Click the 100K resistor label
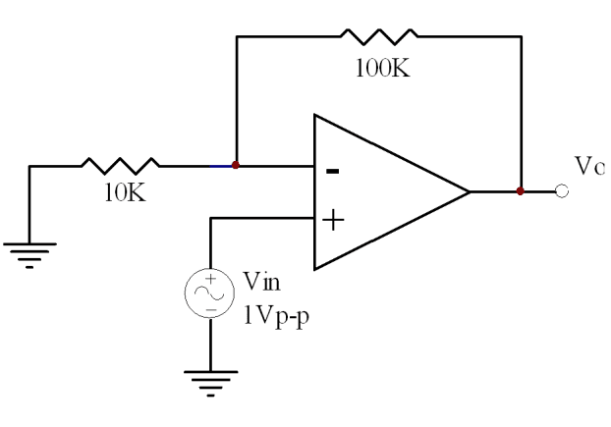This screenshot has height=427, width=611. [383, 68]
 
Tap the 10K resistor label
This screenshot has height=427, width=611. [125, 192]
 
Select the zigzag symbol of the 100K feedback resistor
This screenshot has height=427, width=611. [379, 36]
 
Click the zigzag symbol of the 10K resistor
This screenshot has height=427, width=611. [121, 166]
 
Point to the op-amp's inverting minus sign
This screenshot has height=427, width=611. [332, 171]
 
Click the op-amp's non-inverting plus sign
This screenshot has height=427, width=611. [333, 220]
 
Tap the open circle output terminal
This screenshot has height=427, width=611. [562, 191]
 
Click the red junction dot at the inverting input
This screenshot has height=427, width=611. [236, 165]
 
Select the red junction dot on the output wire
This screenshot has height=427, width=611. [521, 191]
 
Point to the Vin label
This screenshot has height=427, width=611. [261, 281]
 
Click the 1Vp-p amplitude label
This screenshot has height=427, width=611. [276, 316]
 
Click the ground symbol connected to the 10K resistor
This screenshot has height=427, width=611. [29, 256]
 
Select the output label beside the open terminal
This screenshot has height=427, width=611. [589, 166]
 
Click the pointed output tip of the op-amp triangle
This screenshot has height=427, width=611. [470, 191]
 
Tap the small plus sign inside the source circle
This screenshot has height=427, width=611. [211, 279]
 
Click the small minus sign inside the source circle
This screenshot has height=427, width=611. [211, 310]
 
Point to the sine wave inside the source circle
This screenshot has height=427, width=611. [209, 293]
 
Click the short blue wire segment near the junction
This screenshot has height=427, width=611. [221, 166]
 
